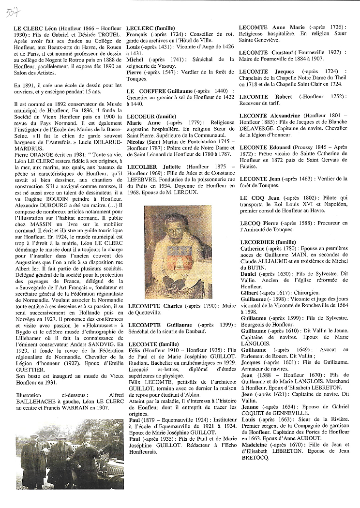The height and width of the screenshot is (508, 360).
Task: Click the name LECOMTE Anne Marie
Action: tap(269, 29)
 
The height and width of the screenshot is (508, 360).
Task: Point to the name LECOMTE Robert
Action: tap(261, 97)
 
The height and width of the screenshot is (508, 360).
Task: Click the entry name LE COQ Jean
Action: tap(260, 198)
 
